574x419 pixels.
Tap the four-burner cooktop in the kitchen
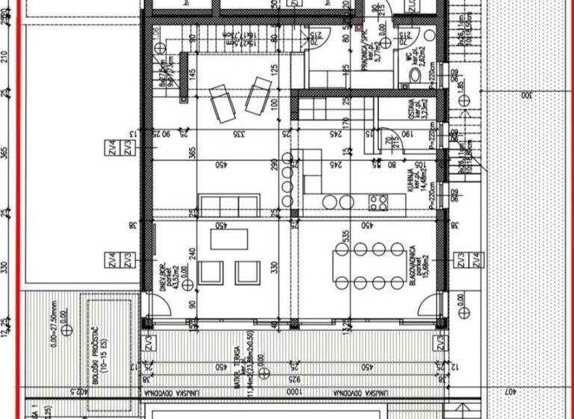click(378, 202)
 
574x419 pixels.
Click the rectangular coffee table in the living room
click(229, 239)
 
